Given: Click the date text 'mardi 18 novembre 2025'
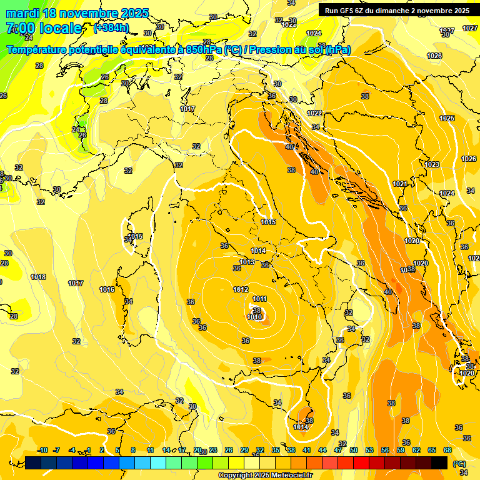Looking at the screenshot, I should tap(77, 13).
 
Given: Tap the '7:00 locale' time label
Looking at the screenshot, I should tap(44, 28).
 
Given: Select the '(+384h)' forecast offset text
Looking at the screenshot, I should tap(111, 28).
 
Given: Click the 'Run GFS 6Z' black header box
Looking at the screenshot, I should tap(397, 10).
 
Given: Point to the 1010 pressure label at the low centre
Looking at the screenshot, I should tap(254, 317).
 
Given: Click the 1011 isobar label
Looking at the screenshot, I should tap(260, 299).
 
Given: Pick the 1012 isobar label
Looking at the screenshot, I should tap(241, 289).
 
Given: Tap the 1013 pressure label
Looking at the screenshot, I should tap(247, 262).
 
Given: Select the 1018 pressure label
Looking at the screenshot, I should tap(38, 277).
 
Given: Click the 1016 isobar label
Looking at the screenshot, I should tap(107, 289).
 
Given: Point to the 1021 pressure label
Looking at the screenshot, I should tap(401, 184).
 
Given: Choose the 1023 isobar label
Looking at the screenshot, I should tap(432, 164).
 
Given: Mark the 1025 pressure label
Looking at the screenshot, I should tap(446, 118).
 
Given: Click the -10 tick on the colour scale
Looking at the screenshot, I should tap(42, 450).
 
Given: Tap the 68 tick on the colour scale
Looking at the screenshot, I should tap(447, 450).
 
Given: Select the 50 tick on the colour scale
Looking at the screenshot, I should tap(354, 450).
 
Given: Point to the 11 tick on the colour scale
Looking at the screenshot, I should tap(150, 450).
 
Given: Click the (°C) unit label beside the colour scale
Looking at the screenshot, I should tap(460, 463).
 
